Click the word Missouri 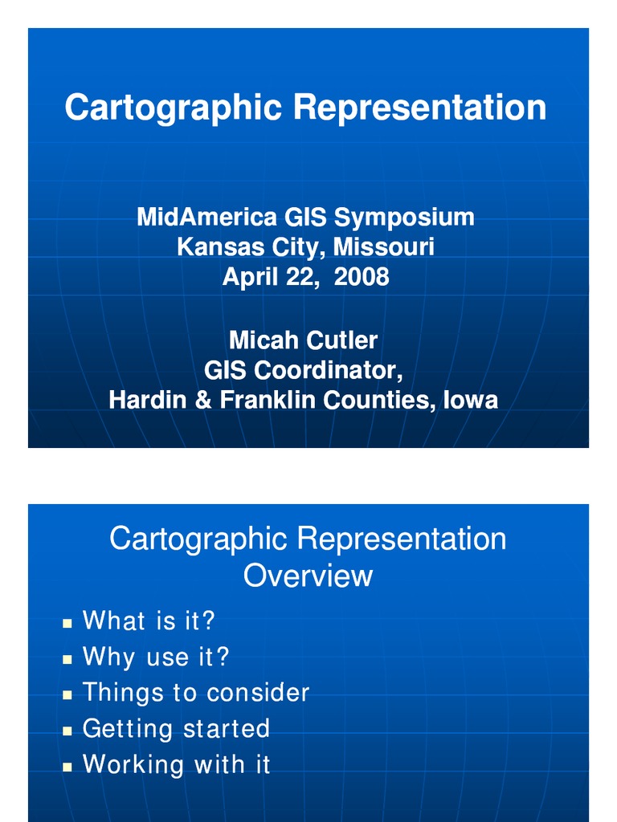(384, 246)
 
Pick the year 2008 (362, 277)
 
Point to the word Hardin (149, 400)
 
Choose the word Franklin (268, 400)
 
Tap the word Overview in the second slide (308, 576)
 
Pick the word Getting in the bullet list (129, 729)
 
